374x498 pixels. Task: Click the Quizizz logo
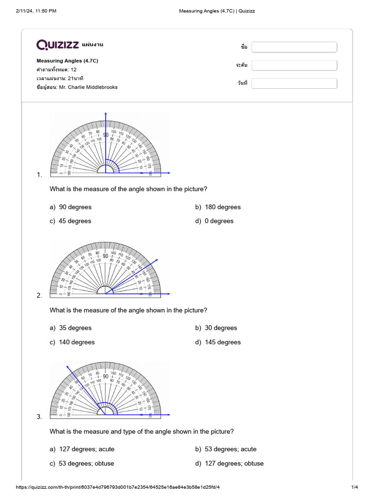coord(58,45)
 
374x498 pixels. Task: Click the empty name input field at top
coord(294,47)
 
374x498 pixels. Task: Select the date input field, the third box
coord(294,83)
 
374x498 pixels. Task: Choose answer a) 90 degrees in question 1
coord(71,207)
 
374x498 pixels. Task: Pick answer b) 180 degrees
coord(218,207)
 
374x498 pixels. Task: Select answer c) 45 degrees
coord(70,221)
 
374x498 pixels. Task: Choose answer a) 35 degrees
coord(71,328)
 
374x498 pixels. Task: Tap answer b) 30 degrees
coord(216,328)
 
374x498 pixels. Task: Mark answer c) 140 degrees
coord(72,342)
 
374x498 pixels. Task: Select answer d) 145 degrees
coord(218,342)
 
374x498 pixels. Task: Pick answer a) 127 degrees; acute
coord(82,449)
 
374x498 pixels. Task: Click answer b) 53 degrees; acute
coord(226,449)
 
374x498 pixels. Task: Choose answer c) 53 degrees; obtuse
coord(82,463)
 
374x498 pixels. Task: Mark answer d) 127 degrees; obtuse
coord(229,463)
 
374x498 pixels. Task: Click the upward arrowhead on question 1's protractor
coord(106,114)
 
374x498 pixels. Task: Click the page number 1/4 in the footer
coord(355,487)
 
